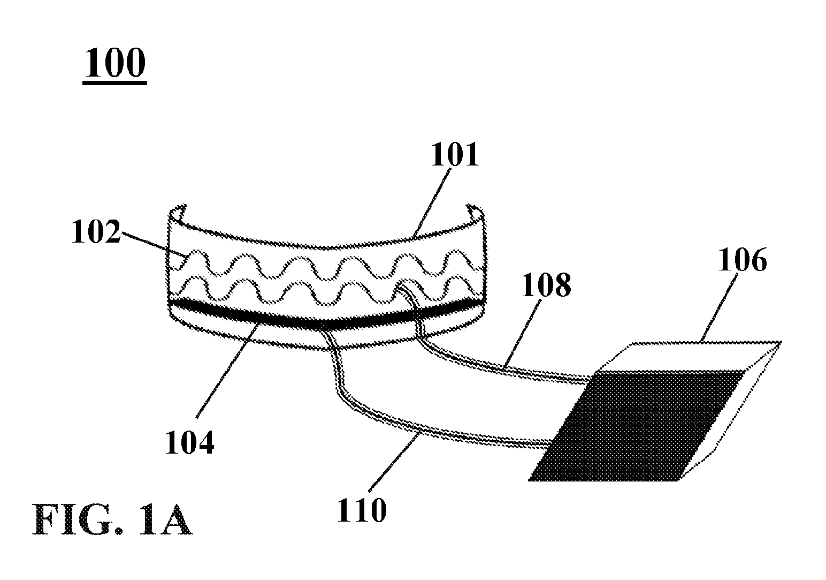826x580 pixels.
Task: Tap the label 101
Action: pyautogui.click(x=455, y=155)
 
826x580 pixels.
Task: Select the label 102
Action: pyautogui.click(x=96, y=231)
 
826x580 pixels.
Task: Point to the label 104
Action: pyautogui.click(x=189, y=442)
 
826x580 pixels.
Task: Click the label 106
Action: pyautogui.click(x=743, y=260)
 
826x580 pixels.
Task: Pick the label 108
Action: pyautogui.click(x=546, y=285)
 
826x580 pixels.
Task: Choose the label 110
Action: pyautogui.click(x=362, y=510)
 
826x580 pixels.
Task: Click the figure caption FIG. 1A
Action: pyautogui.click(x=112, y=520)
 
